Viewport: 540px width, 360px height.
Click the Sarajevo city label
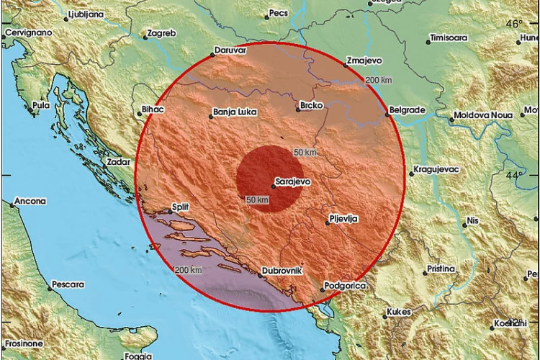tap(293, 182)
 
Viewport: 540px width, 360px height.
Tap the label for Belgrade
tap(408, 110)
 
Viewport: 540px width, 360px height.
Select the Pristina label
tap(440, 268)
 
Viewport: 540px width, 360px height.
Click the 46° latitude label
tap(514, 24)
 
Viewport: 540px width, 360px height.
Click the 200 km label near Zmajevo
tap(379, 78)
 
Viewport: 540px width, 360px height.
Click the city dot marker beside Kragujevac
tap(408, 174)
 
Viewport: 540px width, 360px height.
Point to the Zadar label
tap(118, 163)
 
